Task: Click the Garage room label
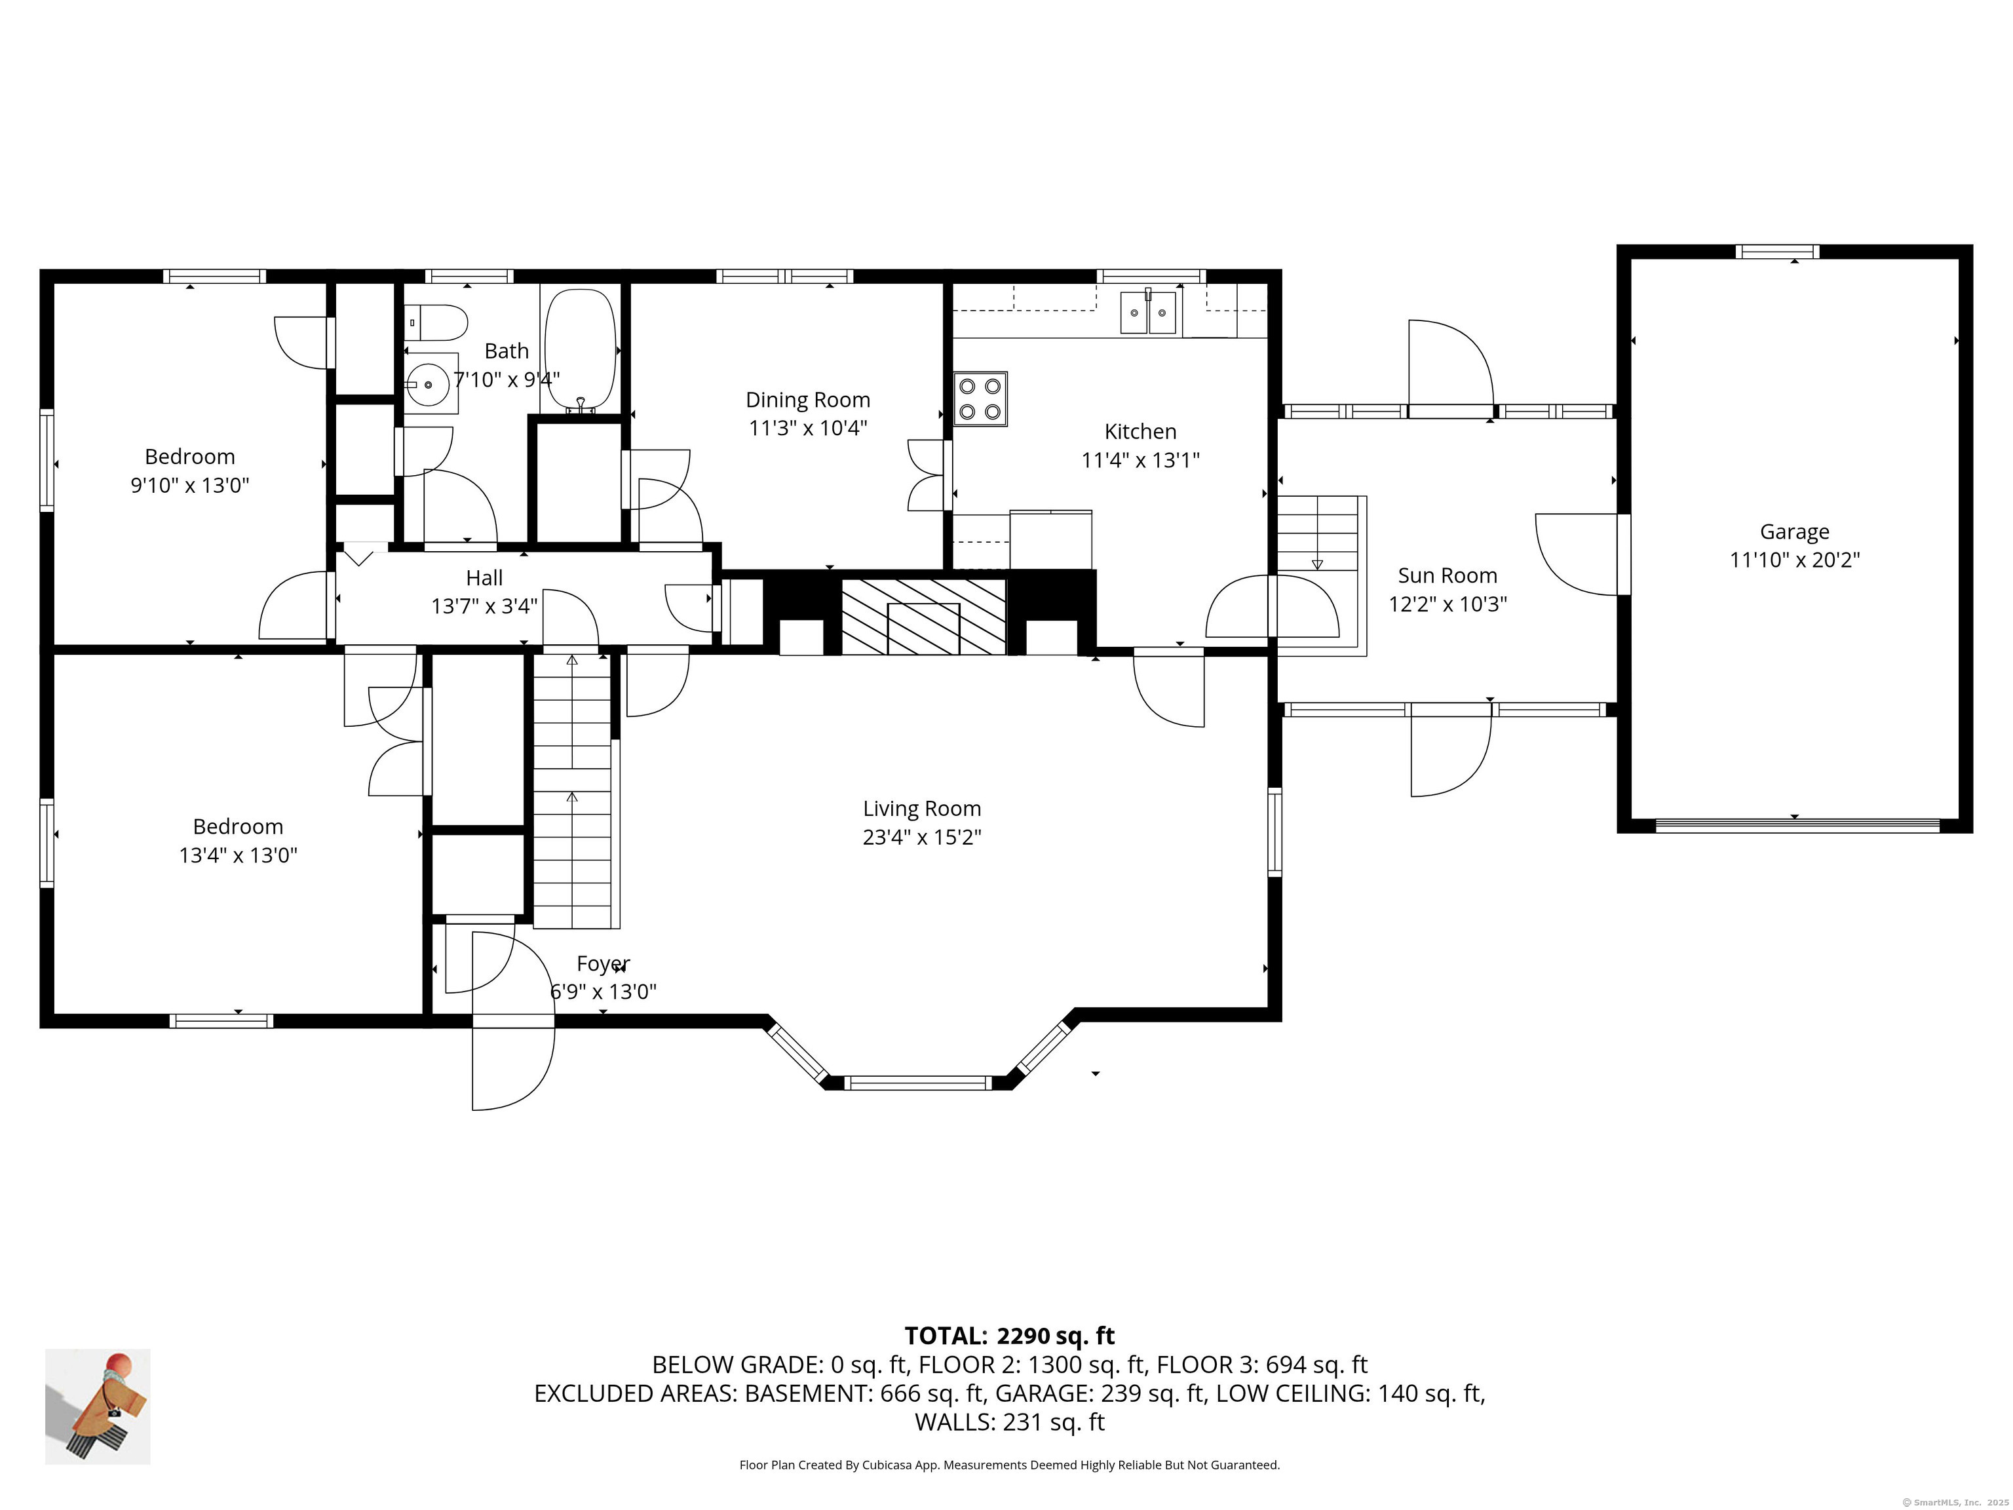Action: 1793,532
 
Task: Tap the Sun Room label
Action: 1447,575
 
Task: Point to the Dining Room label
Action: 808,400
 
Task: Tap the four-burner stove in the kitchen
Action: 980,398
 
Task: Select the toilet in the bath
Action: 436,322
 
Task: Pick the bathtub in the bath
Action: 580,349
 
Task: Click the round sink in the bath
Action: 428,385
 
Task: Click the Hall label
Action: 484,578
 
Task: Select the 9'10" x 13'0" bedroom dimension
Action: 190,485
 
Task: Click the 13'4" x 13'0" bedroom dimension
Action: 239,855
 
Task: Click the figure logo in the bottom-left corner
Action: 98,1406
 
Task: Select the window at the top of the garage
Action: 1776,252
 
